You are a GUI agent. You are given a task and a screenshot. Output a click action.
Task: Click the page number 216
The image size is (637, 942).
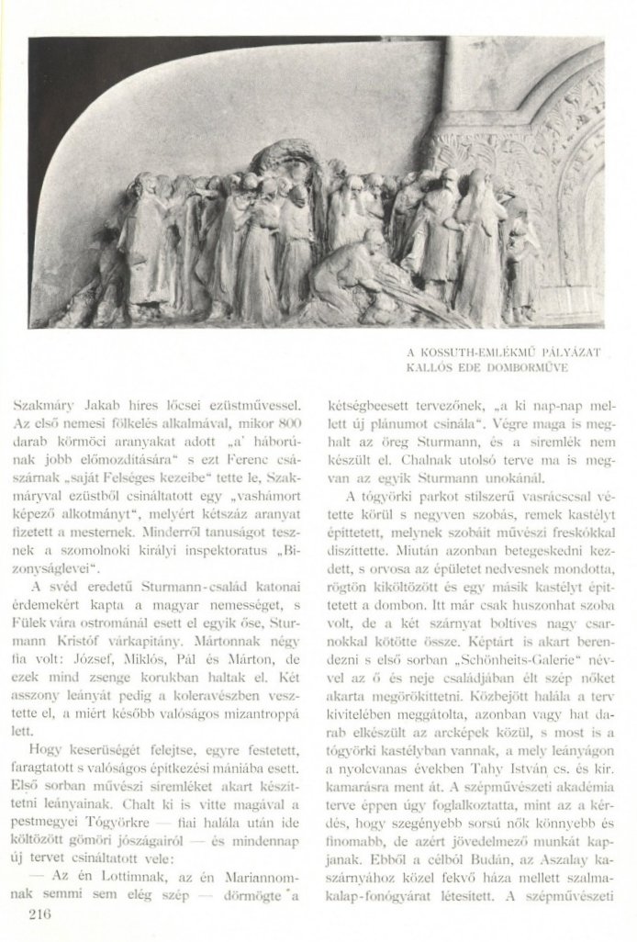tap(40, 914)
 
